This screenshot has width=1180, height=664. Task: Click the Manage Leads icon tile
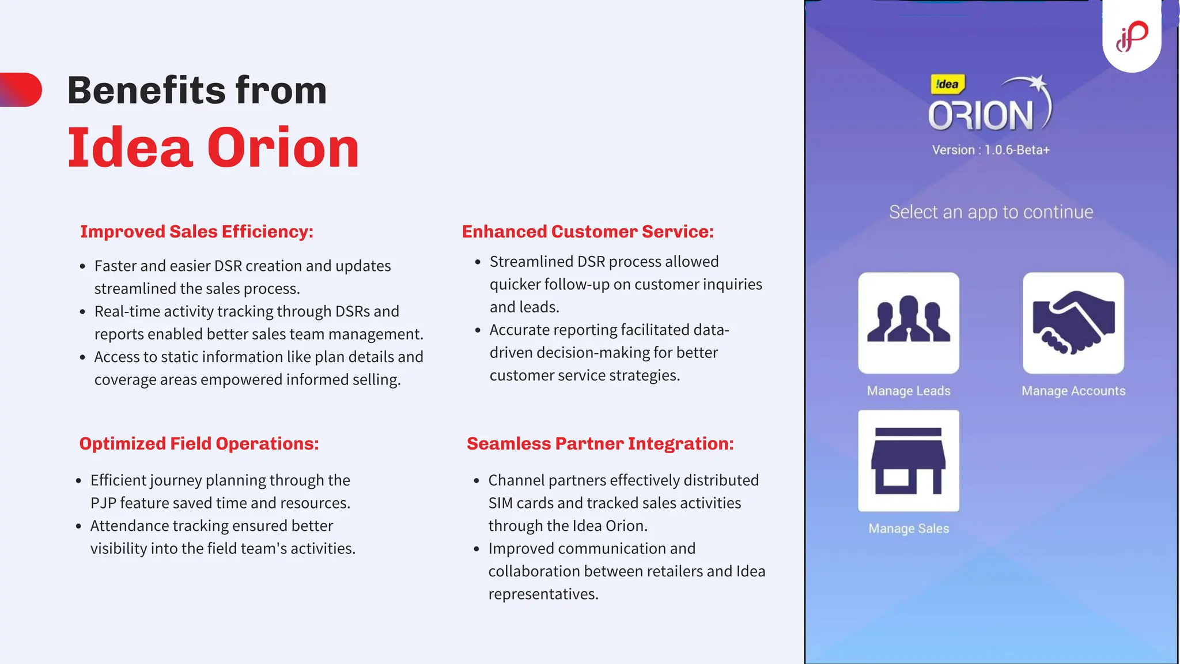click(x=909, y=323)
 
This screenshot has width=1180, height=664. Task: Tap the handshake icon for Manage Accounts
click(x=1073, y=323)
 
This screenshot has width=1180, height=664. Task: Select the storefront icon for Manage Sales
click(x=909, y=461)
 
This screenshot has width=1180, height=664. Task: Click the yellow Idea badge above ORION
click(x=947, y=85)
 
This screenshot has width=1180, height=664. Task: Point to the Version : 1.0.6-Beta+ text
click(x=990, y=150)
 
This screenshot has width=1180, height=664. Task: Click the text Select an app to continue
click(x=990, y=212)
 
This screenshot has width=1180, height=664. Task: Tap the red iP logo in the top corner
click(x=1132, y=36)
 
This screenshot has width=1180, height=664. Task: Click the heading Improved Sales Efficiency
click(x=196, y=232)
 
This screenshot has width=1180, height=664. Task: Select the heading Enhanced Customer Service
click(x=587, y=232)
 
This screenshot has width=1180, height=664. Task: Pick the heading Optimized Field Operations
click(x=199, y=444)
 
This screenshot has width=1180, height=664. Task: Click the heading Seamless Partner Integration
click(x=600, y=444)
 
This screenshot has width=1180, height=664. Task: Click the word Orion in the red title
click(x=283, y=148)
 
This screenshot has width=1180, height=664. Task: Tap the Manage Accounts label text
click(x=1073, y=391)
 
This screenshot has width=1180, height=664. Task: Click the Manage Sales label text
click(x=909, y=529)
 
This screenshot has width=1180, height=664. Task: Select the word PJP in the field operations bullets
click(x=103, y=503)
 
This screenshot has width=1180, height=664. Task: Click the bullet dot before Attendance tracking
click(x=78, y=526)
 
